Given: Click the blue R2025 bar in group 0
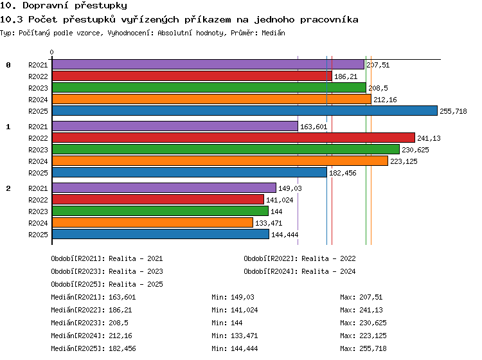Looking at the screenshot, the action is pyautogui.click(x=245, y=111).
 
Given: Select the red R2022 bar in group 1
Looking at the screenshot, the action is pyautogui.click(x=234, y=138).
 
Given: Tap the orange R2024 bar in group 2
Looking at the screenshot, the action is pyautogui.click(x=152, y=222).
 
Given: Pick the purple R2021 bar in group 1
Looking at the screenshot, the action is pyautogui.click(x=175, y=126).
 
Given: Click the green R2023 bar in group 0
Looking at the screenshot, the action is pyautogui.click(x=209, y=87).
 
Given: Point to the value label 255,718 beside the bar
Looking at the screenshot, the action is pyautogui.click(x=453, y=111).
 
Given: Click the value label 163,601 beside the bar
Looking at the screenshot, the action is pyautogui.click(x=314, y=127).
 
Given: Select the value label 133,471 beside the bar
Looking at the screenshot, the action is pyautogui.click(x=269, y=223).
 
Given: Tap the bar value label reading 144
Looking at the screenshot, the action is pyautogui.click(x=276, y=212).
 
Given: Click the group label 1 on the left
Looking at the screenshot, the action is pyautogui.click(x=8, y=127).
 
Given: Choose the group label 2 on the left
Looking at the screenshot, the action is pyautogui.click(x=8, y=188).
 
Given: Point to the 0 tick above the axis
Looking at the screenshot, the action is pyautogui.click(x=51, y=52).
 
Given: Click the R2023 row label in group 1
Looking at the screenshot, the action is pyautogui.click(x=38, y=150).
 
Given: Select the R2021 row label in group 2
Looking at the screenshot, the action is pyautogui.click(x=38, y=188).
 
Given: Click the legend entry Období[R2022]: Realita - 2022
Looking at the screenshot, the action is pyautogui.click(x=299, y=258).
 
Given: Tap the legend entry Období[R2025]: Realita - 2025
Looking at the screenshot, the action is pyautogui.click(x=107, y=284).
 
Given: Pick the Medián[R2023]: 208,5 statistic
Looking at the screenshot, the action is pyautogui.click(x=90, y=323).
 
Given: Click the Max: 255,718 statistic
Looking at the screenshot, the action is pyautogui.click(x=363, y=348).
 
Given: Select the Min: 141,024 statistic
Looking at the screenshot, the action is pyautogui.click(x=235, y=310).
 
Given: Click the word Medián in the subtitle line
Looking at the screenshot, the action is pyautogui.click(x=273, y=33).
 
